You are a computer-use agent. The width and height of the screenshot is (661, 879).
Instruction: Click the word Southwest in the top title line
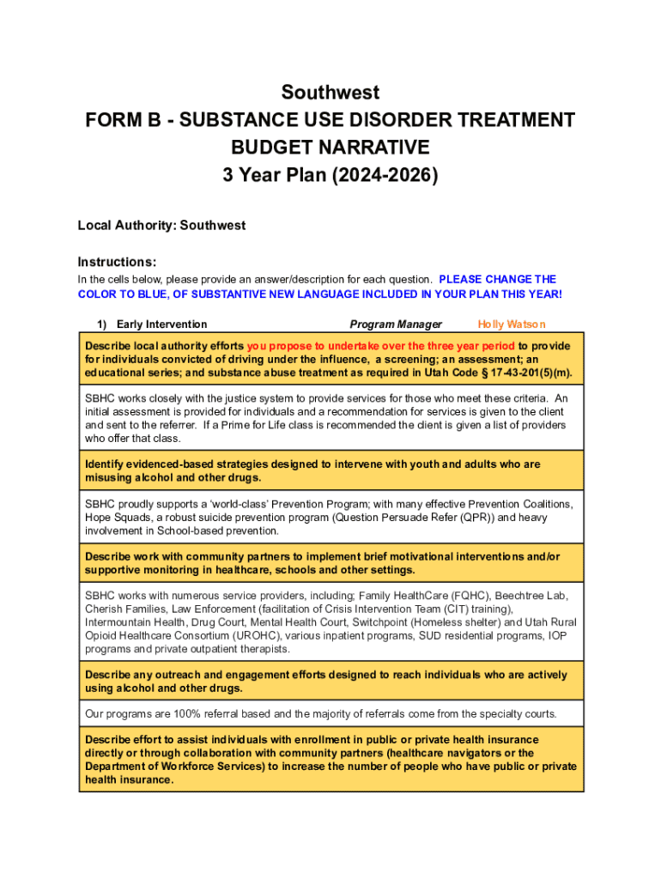(330, 92)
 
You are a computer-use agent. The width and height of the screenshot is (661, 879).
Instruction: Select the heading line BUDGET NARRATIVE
(330, 147)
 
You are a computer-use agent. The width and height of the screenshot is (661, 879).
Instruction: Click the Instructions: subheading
(117, 262)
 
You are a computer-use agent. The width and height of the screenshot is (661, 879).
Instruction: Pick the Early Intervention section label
(161, 324)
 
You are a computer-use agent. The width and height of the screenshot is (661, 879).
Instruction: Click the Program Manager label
(396, 324)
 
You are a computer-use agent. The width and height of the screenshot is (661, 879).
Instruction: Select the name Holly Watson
(512, 324)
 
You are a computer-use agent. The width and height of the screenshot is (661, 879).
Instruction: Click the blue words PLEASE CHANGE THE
(497, 279)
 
